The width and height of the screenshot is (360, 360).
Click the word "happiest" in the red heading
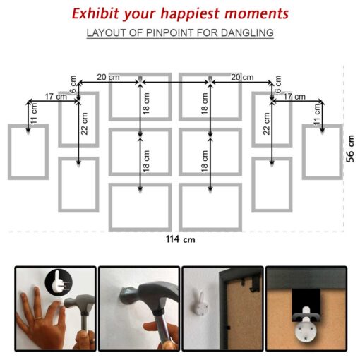coord(190,14)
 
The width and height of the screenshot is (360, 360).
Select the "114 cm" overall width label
coord(181,239)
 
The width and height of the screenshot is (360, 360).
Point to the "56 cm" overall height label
coord(350,148)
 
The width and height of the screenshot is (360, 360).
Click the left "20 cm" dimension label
coord(108,77)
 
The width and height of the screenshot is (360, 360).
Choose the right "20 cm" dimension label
coord(242,77)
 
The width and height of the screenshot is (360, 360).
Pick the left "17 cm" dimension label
coord(56,97)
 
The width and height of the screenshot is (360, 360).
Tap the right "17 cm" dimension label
coord(294,97)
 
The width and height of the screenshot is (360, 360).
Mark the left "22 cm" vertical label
coord(84,124)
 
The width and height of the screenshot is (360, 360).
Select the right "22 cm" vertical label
coord(266,124)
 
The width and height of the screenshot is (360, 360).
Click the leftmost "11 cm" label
coord(34,114)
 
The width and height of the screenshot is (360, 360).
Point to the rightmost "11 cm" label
coord(317,114)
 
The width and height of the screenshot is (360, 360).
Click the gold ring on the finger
coord(39,318)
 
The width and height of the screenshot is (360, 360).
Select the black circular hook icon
coord(59,282)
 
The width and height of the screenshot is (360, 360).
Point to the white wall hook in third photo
coord(200,304)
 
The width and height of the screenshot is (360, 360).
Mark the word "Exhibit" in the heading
coord(95,13)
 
